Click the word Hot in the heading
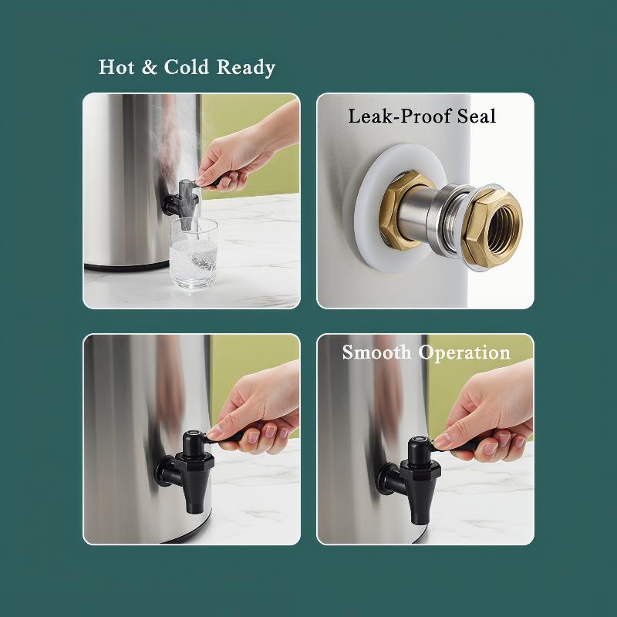coord(116,67)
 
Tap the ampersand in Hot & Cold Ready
coord(149,67)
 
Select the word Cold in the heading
coord(186,67)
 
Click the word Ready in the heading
coord(245,68)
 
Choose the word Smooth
coord(376,352)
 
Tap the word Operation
coord(464,352)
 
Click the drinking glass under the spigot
coord(194,253)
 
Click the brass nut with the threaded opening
coord(492,228)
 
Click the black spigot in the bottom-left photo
coord(187,470)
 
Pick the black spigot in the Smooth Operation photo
coord(414,478)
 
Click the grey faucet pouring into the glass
coord(182,204)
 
